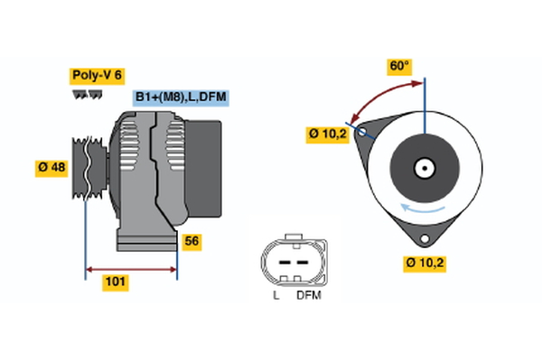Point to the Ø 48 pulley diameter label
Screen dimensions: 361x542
(x=52, y=168)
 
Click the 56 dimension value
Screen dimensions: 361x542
(x=192, y=242)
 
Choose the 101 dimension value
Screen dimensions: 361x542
(x=116, y=282)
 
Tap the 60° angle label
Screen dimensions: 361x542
(x=398, y=66)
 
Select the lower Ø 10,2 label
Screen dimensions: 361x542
(x=426, y=264)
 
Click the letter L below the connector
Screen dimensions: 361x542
(x=276, y=295)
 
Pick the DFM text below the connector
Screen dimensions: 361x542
(x=308, y=295)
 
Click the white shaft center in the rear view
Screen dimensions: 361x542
(x=424, y=168)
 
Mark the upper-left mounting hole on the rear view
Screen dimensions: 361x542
(x=363, y=133)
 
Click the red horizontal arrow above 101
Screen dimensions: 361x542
(x=131, y=268)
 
